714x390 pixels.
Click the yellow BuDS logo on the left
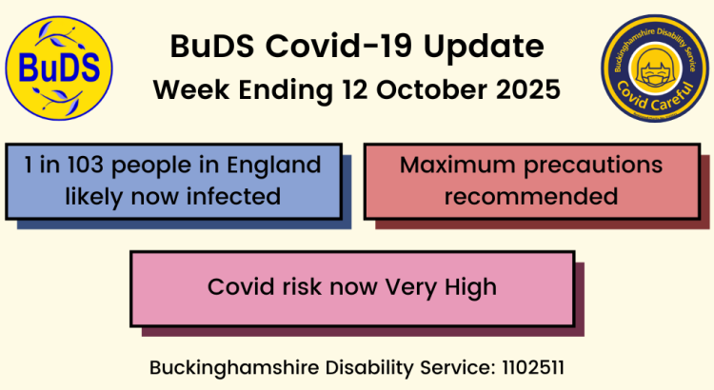[59, 68]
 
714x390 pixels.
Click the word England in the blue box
[276, 166]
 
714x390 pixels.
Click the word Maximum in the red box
[452, 166]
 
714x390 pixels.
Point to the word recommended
[531, 197]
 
